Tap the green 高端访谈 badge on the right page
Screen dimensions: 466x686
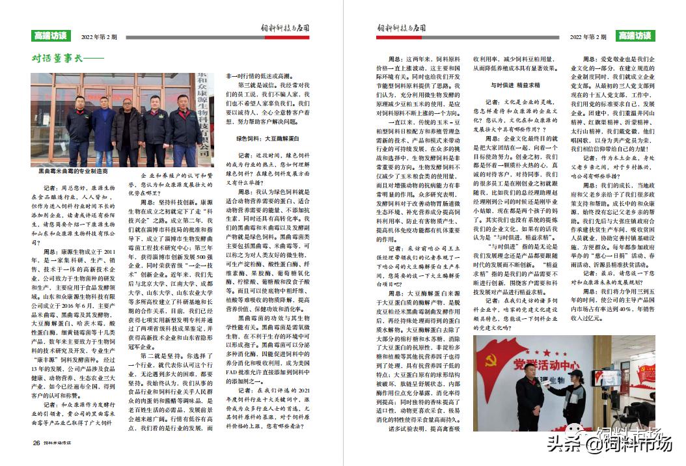pos(635,36)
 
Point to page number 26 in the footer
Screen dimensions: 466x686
pos(36,444)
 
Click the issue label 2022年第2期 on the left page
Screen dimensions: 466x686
pos(100,37)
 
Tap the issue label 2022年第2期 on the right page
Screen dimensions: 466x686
pos(588,37)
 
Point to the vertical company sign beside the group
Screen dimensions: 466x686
pos(204,117)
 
